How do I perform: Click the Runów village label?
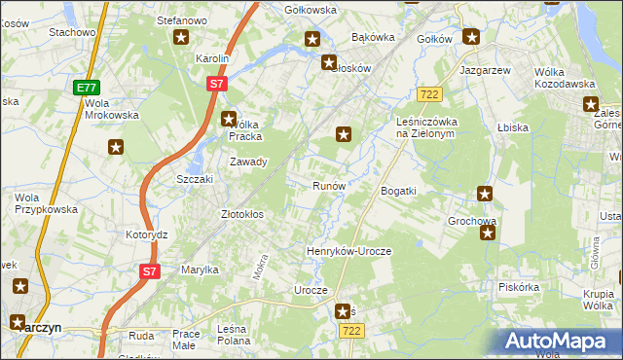(328, 185)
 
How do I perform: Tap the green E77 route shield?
(86, 88)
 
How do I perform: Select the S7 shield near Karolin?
(216, 85)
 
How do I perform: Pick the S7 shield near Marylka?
(148, 271)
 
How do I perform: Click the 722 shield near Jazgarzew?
(428, 94)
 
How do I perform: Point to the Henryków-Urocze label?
(348, 251)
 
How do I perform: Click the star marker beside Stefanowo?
(181, 38)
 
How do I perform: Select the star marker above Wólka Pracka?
(229, 120)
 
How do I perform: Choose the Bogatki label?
(399, 191)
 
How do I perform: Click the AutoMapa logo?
(559, 342)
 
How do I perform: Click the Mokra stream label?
(260, 268)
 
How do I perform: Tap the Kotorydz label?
(147, 235)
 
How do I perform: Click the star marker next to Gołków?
(472, 38)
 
